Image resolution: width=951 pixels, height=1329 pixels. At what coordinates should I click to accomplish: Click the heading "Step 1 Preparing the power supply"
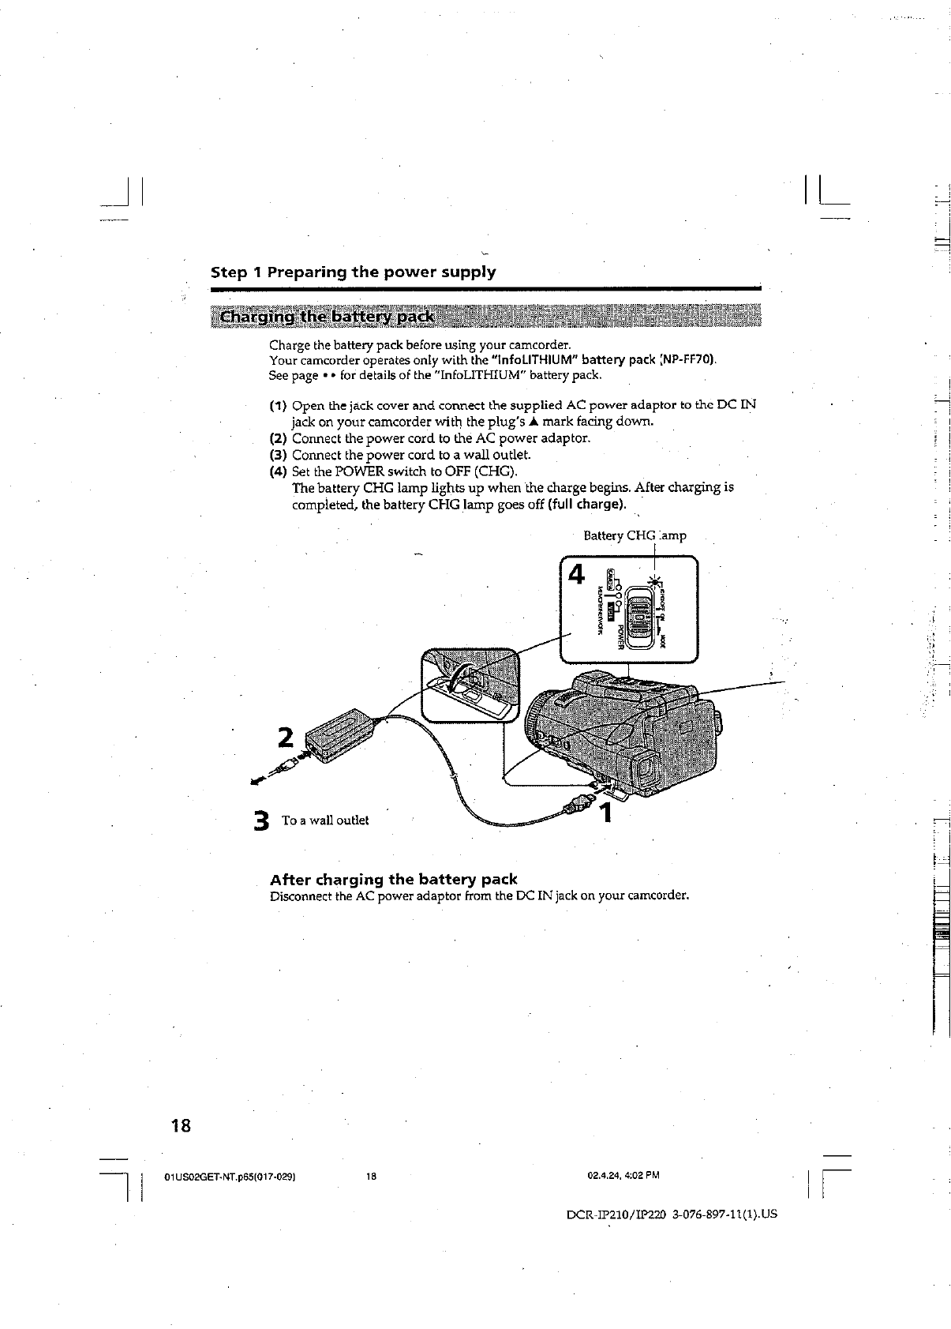pyautogui.click(x=353, y=272)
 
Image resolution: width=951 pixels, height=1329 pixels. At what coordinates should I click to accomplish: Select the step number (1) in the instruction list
pyautogui.click(x=277, y=406)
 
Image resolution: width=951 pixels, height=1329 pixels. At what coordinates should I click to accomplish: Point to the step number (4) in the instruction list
pyautogui.click(x=277, y=472)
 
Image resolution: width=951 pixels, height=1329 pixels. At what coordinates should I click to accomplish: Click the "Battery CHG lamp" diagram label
pyautogui.click(x=635, y=535)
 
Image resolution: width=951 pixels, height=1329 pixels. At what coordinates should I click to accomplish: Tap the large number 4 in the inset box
pyautogui.click(x=577, y=574)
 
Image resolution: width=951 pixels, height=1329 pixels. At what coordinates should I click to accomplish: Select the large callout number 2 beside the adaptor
pyautogui.click(x=285, y=736)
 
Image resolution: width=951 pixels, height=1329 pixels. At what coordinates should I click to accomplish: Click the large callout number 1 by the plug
pyautogui.click(x=605, y=813)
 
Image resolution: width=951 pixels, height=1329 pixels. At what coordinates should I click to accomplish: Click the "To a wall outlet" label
pyautogui.click(x=325, y=820)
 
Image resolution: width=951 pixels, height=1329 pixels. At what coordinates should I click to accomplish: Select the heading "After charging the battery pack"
pyautogui.click(x=393, y=879)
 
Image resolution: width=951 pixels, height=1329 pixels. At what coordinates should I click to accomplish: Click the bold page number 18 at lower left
pyautogui.click(x=181, y=1124)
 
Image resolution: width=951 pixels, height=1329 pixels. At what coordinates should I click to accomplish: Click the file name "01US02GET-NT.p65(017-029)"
pyautogui.click(x=229, y=1176)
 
